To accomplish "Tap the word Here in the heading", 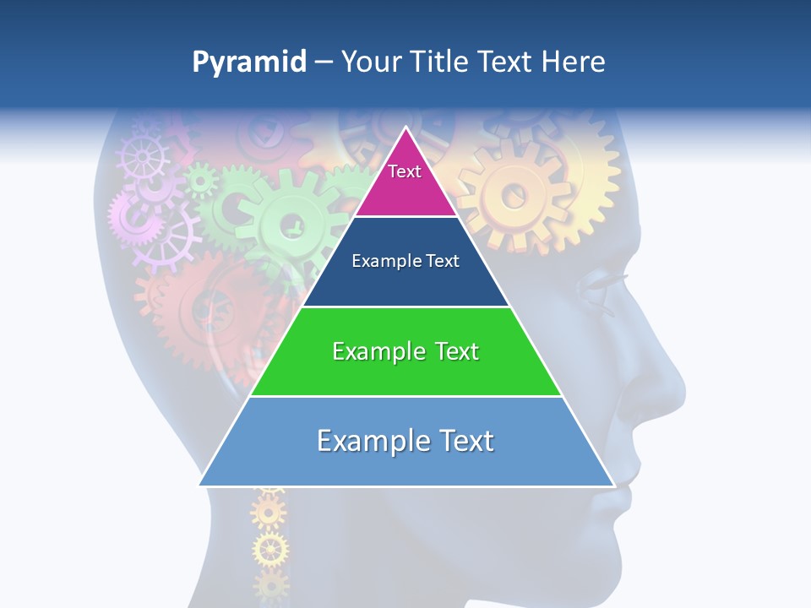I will tap(573, 62).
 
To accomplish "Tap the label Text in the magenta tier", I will tap(405, 171).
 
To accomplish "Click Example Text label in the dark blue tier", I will tap(405, 261).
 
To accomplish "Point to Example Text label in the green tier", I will tap(405, 351).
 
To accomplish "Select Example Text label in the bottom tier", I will tap(405, 441).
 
